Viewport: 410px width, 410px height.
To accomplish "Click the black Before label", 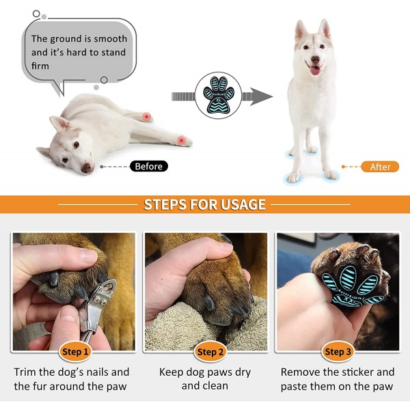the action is pos(149,166).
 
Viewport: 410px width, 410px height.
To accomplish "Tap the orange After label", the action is pos(380,167).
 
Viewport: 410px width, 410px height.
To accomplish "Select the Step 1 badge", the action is pos(75,352).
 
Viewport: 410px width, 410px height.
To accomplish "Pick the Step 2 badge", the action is pos(210,352).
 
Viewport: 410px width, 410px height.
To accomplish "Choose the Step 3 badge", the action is pos(338,352).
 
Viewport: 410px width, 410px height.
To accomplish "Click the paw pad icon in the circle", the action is pos(219,95).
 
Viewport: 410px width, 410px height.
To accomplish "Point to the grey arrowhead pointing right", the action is pos(261,96).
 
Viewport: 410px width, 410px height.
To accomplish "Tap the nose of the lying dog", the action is pos(87,168).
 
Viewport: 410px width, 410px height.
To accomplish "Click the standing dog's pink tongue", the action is pos(315,70).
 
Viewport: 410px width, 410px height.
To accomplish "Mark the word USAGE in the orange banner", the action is pos(243,204).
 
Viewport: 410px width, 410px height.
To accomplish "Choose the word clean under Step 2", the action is pos(215,386).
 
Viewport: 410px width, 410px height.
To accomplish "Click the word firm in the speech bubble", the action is pos(40,66).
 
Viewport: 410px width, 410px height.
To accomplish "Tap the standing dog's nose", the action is pos(315,60).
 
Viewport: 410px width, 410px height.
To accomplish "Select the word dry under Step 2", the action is pos(242,373).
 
